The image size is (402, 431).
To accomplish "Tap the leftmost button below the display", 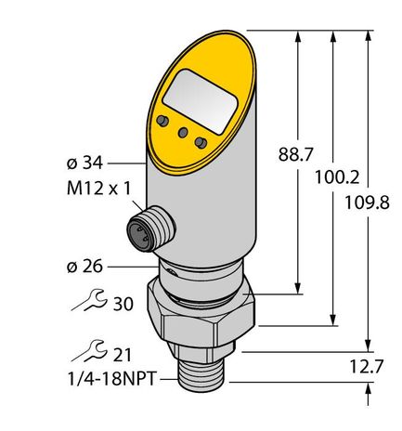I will tap(163, 121).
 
